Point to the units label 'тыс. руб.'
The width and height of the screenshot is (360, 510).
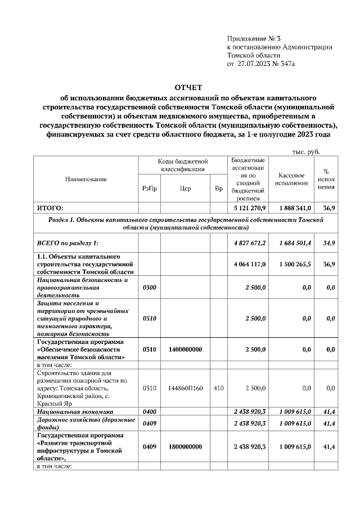pos(306,151)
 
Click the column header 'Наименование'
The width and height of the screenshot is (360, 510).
pos(87,179)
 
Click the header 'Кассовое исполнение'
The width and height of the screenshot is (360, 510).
pos(292,179)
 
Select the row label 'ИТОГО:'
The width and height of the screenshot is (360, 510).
pos(50,208)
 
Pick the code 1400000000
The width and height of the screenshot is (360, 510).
pos(185,349)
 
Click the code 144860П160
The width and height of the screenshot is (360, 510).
pos(185,388)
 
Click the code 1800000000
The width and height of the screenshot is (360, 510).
pos(185,446)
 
